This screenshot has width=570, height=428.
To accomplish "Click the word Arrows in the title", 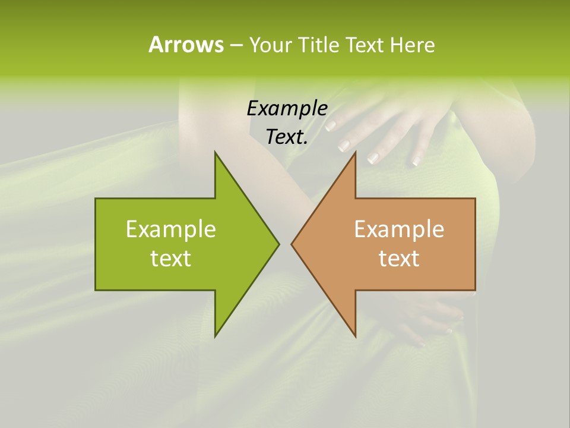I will click(x=186, y=45).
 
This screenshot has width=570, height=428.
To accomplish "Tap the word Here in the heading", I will click(x=412, y=45).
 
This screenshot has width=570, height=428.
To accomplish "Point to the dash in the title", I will click(x=236, y=45).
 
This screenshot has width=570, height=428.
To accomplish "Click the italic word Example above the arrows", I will click(x=287, y=108).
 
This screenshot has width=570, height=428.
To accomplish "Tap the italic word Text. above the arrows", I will click(x=287, y=137).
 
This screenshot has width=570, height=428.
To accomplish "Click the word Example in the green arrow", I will click(x=170, y=229).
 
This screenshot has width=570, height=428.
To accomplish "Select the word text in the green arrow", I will click(x=170, y=259).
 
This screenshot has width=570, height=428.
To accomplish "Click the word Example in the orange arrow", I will click(x=399, y=229).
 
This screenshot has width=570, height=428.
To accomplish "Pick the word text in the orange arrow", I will click(x=399, y=259).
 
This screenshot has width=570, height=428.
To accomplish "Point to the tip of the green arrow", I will click(x=278, y=244).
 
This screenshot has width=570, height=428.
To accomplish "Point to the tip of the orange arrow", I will click(x=292, y=244).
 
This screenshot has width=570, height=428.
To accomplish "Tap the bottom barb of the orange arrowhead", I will click(x=354, y=335).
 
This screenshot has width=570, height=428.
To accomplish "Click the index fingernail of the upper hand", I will click(x=331, y=126).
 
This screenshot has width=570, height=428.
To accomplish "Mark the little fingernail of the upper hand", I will click(x=415, y=160).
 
